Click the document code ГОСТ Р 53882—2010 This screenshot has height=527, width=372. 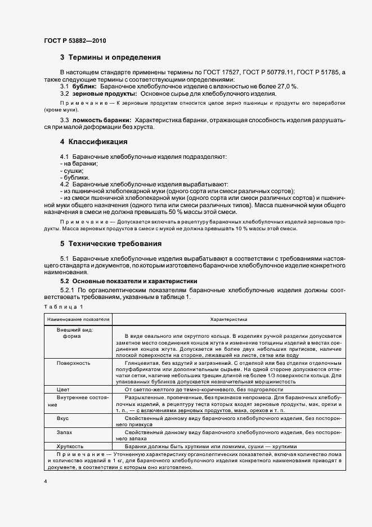(74, 41)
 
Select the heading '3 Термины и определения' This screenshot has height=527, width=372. (110, 57)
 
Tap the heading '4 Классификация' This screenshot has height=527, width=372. (93, 141)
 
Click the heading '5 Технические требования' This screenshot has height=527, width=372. (111, 244)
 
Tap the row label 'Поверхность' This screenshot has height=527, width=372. (73, 363)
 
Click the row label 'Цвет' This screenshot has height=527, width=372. (62, 389)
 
